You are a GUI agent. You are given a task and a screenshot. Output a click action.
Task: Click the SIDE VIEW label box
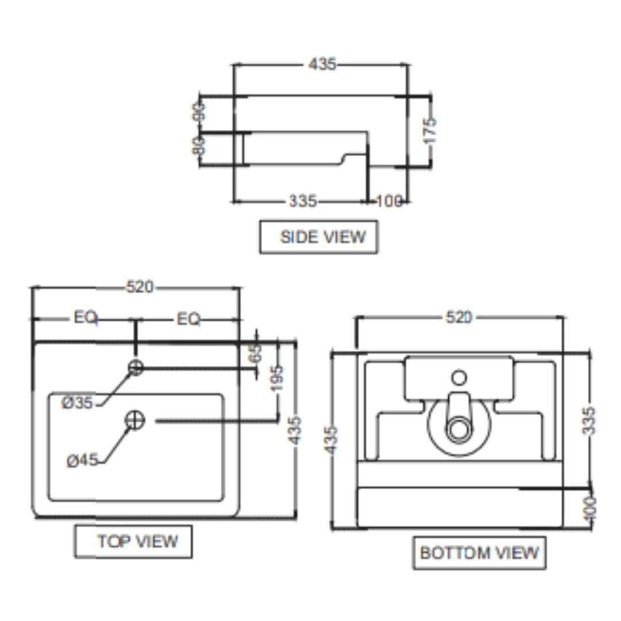[x=319, y=237]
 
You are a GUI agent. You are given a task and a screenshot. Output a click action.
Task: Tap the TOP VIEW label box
[x=133, y=541]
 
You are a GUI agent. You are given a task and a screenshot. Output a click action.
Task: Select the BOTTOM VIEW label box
[x=479, y=553]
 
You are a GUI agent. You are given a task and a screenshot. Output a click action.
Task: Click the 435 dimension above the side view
[x=322, y=64]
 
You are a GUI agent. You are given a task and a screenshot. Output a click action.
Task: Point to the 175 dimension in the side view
[x=430, y=131]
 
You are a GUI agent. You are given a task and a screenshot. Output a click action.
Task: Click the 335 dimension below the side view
[x=302, y=201]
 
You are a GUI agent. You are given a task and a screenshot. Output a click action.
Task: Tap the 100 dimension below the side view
[x=389, y=201]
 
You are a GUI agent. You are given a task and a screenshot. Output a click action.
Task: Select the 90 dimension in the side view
[x=199, y=112]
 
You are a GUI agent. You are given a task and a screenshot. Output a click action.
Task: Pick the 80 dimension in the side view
[x=199, y=146]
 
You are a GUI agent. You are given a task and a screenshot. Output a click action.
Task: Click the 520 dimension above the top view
[x=140, y=286]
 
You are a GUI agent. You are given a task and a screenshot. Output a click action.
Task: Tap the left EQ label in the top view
[x=85, y=317]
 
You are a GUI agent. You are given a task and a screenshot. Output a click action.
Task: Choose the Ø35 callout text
[x=78, y=403]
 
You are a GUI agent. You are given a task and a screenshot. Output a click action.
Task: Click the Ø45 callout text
[x=82, y=461]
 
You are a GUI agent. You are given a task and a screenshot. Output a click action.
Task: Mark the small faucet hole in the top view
[x=136, y=367]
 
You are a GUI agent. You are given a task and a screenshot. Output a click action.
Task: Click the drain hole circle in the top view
[x=135, y=420]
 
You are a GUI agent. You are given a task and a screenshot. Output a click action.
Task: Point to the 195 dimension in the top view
[x=277, y=379]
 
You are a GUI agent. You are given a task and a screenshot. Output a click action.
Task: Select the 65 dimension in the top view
[x=256, y=352]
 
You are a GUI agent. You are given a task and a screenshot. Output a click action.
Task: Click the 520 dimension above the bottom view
[x=458, y=317]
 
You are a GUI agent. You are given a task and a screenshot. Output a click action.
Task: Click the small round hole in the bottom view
[x=459, y=378]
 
